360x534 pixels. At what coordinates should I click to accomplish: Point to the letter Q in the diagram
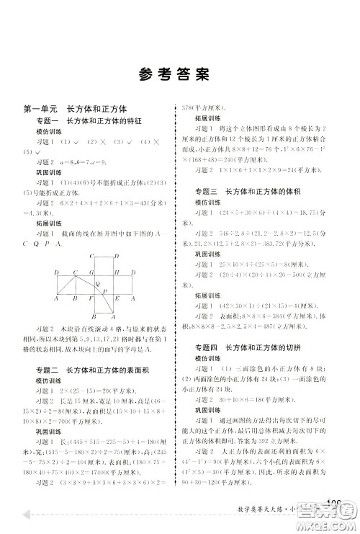97,284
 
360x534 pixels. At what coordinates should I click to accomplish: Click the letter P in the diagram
104,290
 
